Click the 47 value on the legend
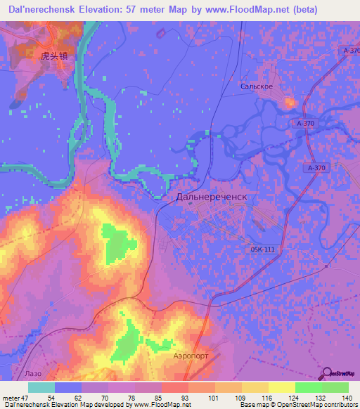tap(30, 398)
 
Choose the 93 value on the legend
tap(165, 398)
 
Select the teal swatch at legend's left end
tap(41, 387)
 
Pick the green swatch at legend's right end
tap(335, 387)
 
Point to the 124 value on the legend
tap(290, 398)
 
